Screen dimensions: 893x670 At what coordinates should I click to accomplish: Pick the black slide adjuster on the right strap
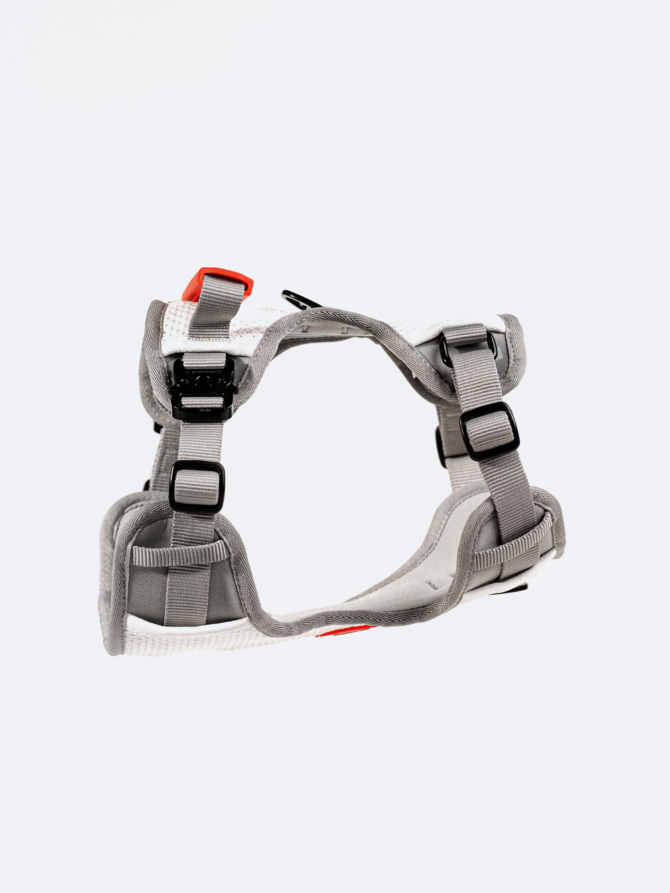click(489, 431)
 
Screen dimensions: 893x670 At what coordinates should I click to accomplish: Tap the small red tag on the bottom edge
click(345, 630)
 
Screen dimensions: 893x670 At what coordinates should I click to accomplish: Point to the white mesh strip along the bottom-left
click(201, 636)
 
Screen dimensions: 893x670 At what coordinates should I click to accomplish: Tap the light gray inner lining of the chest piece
click(402, 576)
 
